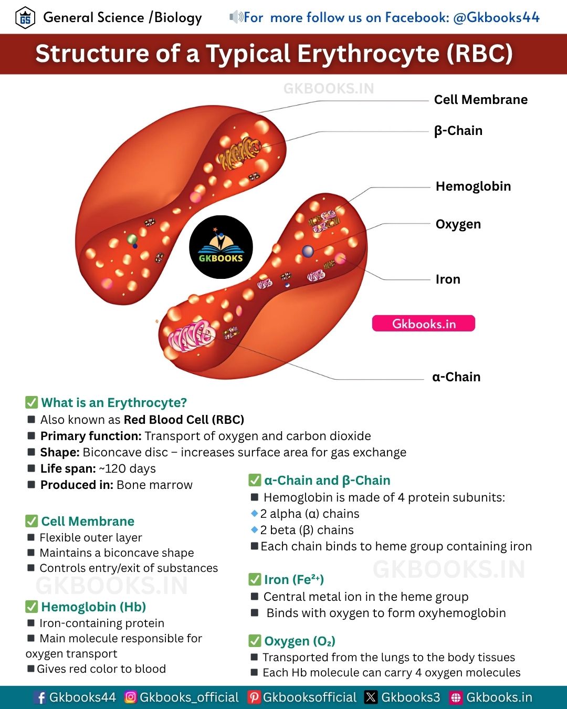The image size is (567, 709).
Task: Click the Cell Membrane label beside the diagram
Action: [x=481, y=99]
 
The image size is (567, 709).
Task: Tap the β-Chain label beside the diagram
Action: [x=458, y=131]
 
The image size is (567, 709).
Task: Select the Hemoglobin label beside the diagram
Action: [x=473, y=186]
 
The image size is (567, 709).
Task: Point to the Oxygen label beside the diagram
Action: [x=458, y=224]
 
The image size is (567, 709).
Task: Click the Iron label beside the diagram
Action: [x=448, y=279]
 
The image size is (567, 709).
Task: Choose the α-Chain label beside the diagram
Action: [x=456, y=377]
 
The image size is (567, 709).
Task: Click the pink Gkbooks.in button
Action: [x=424, y=323]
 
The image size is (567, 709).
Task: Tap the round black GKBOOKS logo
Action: [x=220, y=247]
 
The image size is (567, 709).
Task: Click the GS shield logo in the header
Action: [x=25, y=18]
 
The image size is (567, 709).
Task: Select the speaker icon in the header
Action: [x=236, y=17]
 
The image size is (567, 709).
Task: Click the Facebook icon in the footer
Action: [x=40, y=697]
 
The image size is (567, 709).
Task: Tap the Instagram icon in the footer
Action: [x=131, y=697]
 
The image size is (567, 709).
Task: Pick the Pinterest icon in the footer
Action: [x=254, y=697]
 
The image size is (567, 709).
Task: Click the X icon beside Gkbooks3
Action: [x=371, y=697]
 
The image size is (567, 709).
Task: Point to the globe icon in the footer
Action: [x=456, y=697]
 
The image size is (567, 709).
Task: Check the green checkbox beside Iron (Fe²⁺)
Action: [x=255, y=579]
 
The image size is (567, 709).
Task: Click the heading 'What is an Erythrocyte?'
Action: [x=114, y=403]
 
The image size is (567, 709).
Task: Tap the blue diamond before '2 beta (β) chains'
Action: [x=254, y=529]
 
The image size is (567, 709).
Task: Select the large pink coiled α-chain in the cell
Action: [x=191, y=336]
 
